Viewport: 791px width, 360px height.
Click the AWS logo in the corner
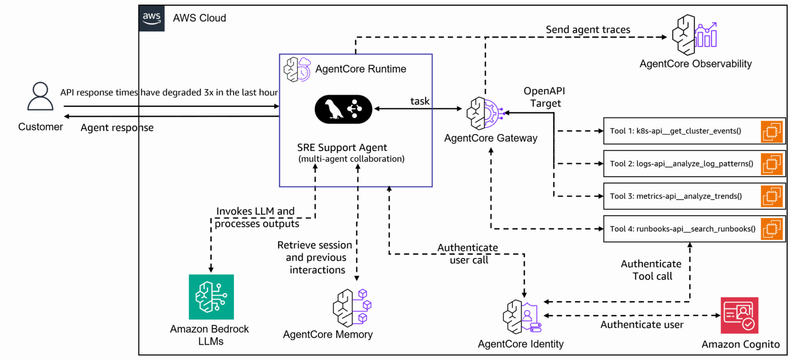151,18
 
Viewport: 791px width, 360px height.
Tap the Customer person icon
40,96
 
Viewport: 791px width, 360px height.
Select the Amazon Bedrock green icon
211,297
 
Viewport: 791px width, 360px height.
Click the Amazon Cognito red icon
739,315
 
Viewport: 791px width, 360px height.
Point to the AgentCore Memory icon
352,308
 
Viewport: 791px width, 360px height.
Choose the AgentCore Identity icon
522,316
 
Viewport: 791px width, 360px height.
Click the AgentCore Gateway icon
485,113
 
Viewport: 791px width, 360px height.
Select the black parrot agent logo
343,109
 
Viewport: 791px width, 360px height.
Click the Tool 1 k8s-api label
675,131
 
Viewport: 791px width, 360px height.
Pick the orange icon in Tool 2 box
771,164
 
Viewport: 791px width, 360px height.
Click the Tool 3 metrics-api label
676,196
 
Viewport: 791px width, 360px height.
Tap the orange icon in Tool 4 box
771,229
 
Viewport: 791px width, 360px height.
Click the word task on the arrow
419,101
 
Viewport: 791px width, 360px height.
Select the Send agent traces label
587,30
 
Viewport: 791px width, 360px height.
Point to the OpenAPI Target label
545,97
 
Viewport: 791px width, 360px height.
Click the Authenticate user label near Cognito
642,325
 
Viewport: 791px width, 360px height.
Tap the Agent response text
117,128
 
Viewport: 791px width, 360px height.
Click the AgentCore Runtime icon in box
297,69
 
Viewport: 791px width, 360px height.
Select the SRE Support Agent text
342,148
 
